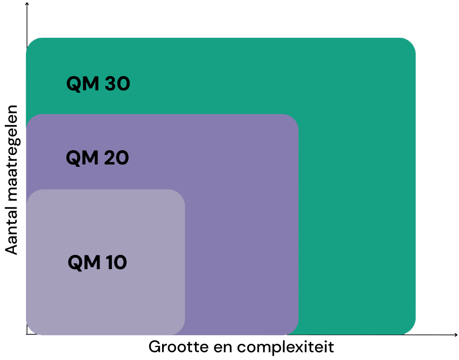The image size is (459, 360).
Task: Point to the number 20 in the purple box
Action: (x=116, y=158)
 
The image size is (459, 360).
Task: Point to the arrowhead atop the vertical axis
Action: (x=27, y=4)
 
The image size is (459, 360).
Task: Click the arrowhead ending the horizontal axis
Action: (x=455, y=335)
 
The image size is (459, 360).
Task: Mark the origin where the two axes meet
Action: (x=27, y=335)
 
